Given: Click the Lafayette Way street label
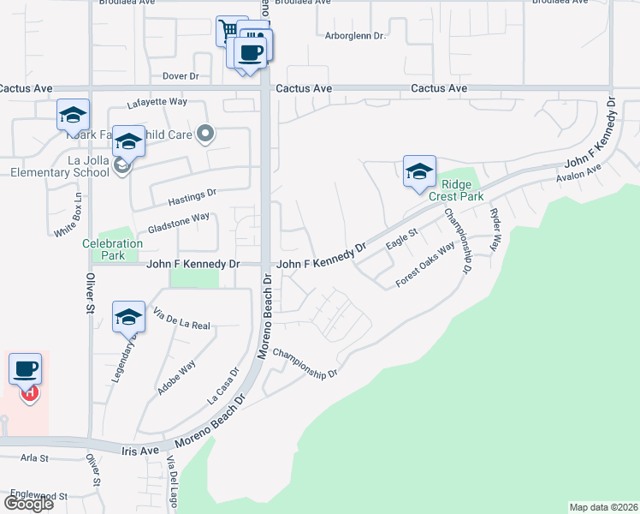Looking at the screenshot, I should pos(157,102).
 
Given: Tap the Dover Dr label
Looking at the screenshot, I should pos(181,77).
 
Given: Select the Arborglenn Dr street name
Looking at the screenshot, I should pos(356,36).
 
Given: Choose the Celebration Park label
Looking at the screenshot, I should pos(112,249).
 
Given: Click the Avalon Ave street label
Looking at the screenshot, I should pos(579,173).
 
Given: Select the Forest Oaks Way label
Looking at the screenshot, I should pos(424,266).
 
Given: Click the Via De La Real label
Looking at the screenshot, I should pos(181,320).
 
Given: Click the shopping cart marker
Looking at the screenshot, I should pos(228,31).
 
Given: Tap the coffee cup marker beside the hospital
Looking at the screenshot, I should pos(26,368).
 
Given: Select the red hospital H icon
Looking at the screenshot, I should pos(29,393).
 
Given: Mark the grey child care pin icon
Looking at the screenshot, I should pos(204,133).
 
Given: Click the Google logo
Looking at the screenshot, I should pos(28,504).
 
